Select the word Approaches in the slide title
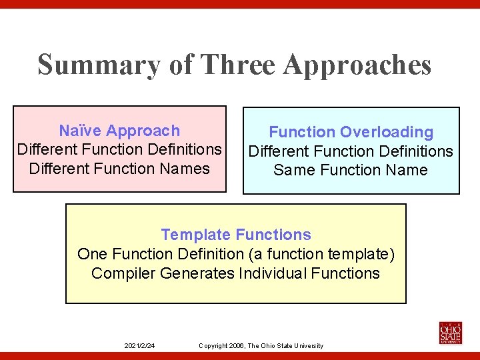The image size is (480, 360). (x=357, y=65)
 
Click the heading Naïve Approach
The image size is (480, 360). (x=119, y=131)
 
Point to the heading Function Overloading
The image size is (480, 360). (x=351, y=132)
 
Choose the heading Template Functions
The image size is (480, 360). (x=236, y=235)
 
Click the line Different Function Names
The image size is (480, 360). (x=119, y=169)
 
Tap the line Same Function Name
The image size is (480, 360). (x=351, y=170)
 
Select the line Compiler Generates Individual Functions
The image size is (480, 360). (x=235, y=273)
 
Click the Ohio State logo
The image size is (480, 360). (x=450, y=332)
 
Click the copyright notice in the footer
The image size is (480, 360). (x=261, y=345)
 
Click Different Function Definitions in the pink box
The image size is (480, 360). (x=119, y=149)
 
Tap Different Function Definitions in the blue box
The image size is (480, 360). (x=351, y=151)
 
